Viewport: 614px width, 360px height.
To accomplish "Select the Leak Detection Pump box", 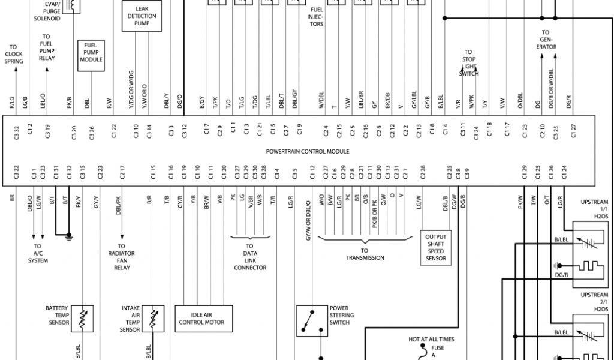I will [142, 16].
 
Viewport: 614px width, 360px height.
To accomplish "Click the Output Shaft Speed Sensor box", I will [436, 247].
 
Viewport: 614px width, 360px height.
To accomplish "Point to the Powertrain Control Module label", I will [307, 151].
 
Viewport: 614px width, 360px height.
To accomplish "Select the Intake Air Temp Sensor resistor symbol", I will [153, 316].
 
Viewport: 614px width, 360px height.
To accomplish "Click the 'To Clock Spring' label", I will [14, 54].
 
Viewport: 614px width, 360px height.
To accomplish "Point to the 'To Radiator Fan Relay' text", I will [122, 257].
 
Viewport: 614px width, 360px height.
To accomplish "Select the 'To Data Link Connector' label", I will [250, 257].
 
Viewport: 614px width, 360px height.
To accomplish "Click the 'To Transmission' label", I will [365, 254].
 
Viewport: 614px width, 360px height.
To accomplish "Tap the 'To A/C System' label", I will [37, 253].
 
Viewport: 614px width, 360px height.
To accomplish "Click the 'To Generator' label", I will [546, 40].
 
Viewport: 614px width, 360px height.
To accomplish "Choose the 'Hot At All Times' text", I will [431, 340].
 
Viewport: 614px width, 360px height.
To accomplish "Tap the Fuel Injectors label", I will [317, 17].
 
